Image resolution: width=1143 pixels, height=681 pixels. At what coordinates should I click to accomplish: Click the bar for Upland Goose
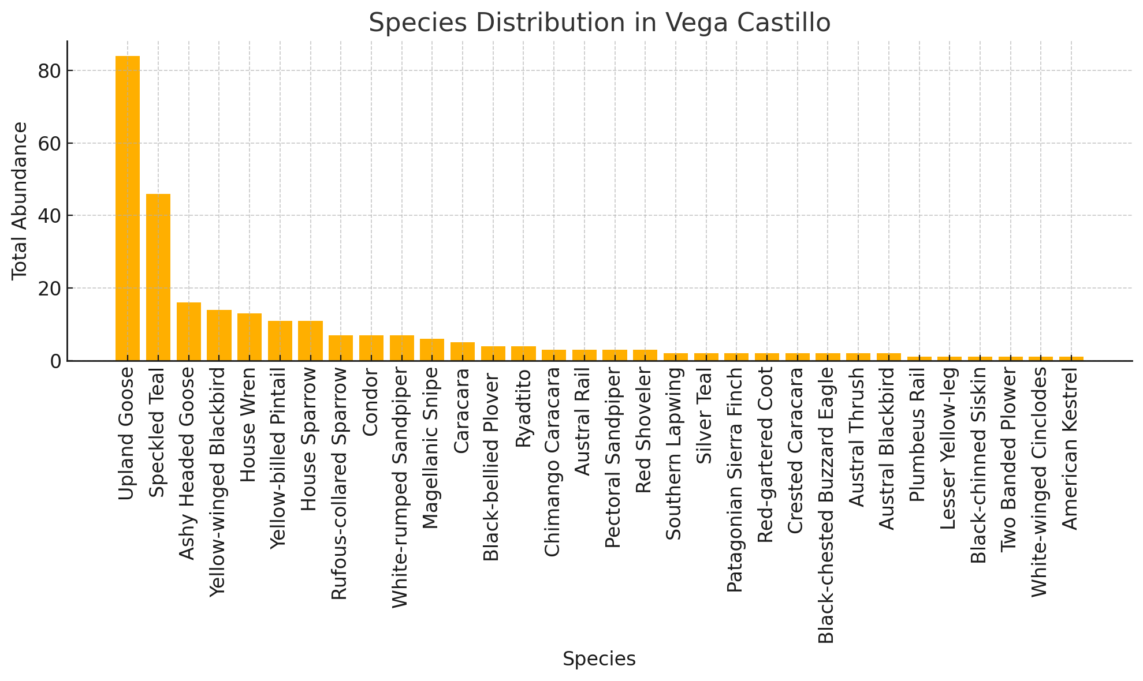tap(128, 208)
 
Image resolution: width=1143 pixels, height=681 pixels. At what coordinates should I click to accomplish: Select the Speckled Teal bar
tap(158, 277)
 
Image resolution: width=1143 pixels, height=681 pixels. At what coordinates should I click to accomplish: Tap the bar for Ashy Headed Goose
tap(189, 331)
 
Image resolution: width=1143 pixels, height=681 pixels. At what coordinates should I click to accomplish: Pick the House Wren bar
tap(250, 337)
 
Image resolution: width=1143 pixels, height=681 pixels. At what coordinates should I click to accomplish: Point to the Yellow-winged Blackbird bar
tap(219, 335)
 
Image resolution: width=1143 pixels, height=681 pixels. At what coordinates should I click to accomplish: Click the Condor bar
tap(371, 348)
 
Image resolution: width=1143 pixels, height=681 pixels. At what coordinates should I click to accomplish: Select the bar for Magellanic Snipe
tap(432, 350)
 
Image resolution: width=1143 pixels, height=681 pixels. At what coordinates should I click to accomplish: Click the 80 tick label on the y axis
tap(48, 71)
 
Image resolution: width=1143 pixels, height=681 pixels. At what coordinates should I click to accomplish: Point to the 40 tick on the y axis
tap(48, 216)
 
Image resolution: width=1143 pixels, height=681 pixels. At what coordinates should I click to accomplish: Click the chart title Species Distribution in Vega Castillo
tap(600, 23)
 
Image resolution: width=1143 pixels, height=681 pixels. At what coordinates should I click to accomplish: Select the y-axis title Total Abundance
tap(20, 201)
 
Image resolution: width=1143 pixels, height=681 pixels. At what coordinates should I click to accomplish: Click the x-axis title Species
tap(599, 659)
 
